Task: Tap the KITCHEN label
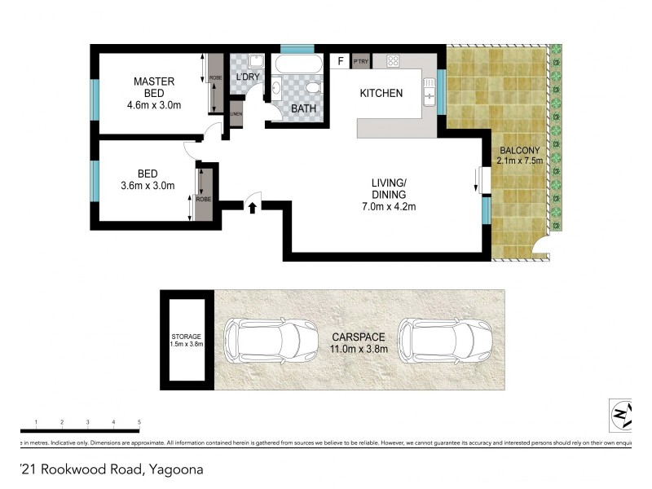(381, 94)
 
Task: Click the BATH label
(304, 108)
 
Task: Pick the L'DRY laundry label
(248, 77)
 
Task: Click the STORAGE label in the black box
(186, 337)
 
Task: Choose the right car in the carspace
(445, 339)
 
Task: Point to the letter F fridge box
(340, 61)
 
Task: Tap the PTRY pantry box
(361, 61)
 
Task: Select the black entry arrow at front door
(252, 208)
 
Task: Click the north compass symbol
(621, 416)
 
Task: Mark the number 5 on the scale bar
(139, 421)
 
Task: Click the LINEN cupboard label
(236, 114)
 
